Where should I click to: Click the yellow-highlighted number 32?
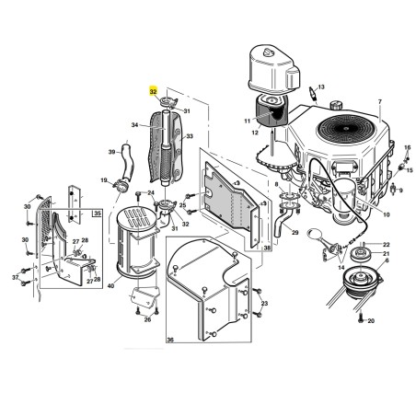click(x=153, y=91)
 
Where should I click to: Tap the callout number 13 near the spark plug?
click(x=321, y=87)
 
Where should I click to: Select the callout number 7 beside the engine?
click(x=380, y=101)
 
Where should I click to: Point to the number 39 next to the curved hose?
click(x=111, y=152)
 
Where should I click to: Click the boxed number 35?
click(x=97, y=214)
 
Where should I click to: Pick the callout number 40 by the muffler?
click(x=110, y=286)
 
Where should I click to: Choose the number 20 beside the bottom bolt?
click(x=371, y=321)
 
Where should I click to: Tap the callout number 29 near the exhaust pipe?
click(x=295, y=233)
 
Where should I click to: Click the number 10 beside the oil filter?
click(x=387, y=214)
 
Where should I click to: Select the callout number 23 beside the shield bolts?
click(x=264, y=304)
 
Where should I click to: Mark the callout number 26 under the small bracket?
click(x=147, y=319)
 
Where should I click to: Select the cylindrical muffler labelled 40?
click(x=136, y=242)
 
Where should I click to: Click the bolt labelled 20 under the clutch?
click(x=361, y=317)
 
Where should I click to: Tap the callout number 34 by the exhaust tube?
click(x=134, y=125)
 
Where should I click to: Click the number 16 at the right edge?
click(x=407, y=147)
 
